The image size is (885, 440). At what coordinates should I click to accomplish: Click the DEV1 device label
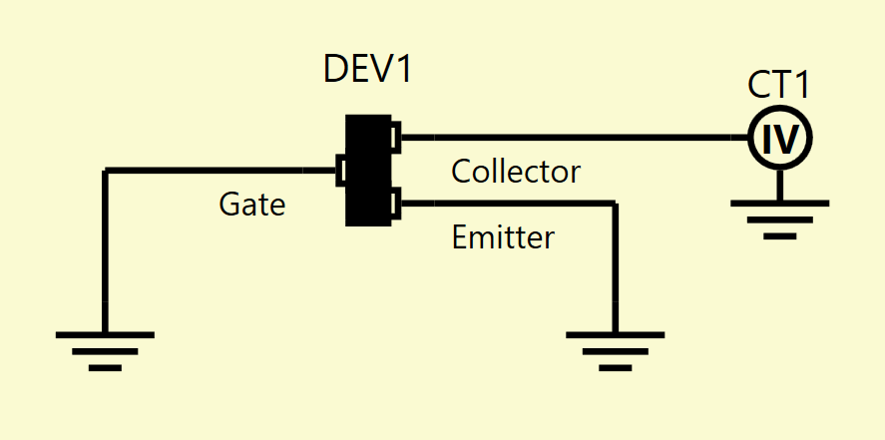(367, 70)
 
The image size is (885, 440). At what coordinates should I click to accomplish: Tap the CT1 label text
(779, 85)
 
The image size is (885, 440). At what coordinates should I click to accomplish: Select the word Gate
(251, 205)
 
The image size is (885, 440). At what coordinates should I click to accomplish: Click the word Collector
(516, 172)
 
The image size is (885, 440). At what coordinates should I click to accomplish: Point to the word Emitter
(503, 237)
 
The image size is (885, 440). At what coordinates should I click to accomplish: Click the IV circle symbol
(780, 137)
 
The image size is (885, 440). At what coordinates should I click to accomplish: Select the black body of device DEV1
(368, 171)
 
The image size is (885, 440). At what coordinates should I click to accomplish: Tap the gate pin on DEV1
(340, 170)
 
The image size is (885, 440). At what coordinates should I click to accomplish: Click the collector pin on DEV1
(396, 137)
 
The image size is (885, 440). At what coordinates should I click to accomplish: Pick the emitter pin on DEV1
(396, 204)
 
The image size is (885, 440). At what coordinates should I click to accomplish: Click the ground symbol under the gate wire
(105, 351)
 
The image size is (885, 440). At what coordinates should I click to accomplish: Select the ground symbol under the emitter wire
(616, 351)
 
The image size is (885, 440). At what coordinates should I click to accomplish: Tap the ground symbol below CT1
(780, 220)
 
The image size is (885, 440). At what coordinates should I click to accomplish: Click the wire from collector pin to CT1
(575, 137)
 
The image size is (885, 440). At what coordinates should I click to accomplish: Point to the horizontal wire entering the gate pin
(221, 170)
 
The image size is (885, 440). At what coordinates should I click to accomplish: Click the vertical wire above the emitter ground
(616, 268)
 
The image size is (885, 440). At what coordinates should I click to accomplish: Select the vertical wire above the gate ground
(105, 251)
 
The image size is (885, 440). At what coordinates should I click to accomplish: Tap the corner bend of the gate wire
(105, 170)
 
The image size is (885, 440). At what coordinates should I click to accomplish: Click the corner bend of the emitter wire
(616, 204)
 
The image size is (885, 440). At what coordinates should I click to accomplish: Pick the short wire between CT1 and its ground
(780, 185)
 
